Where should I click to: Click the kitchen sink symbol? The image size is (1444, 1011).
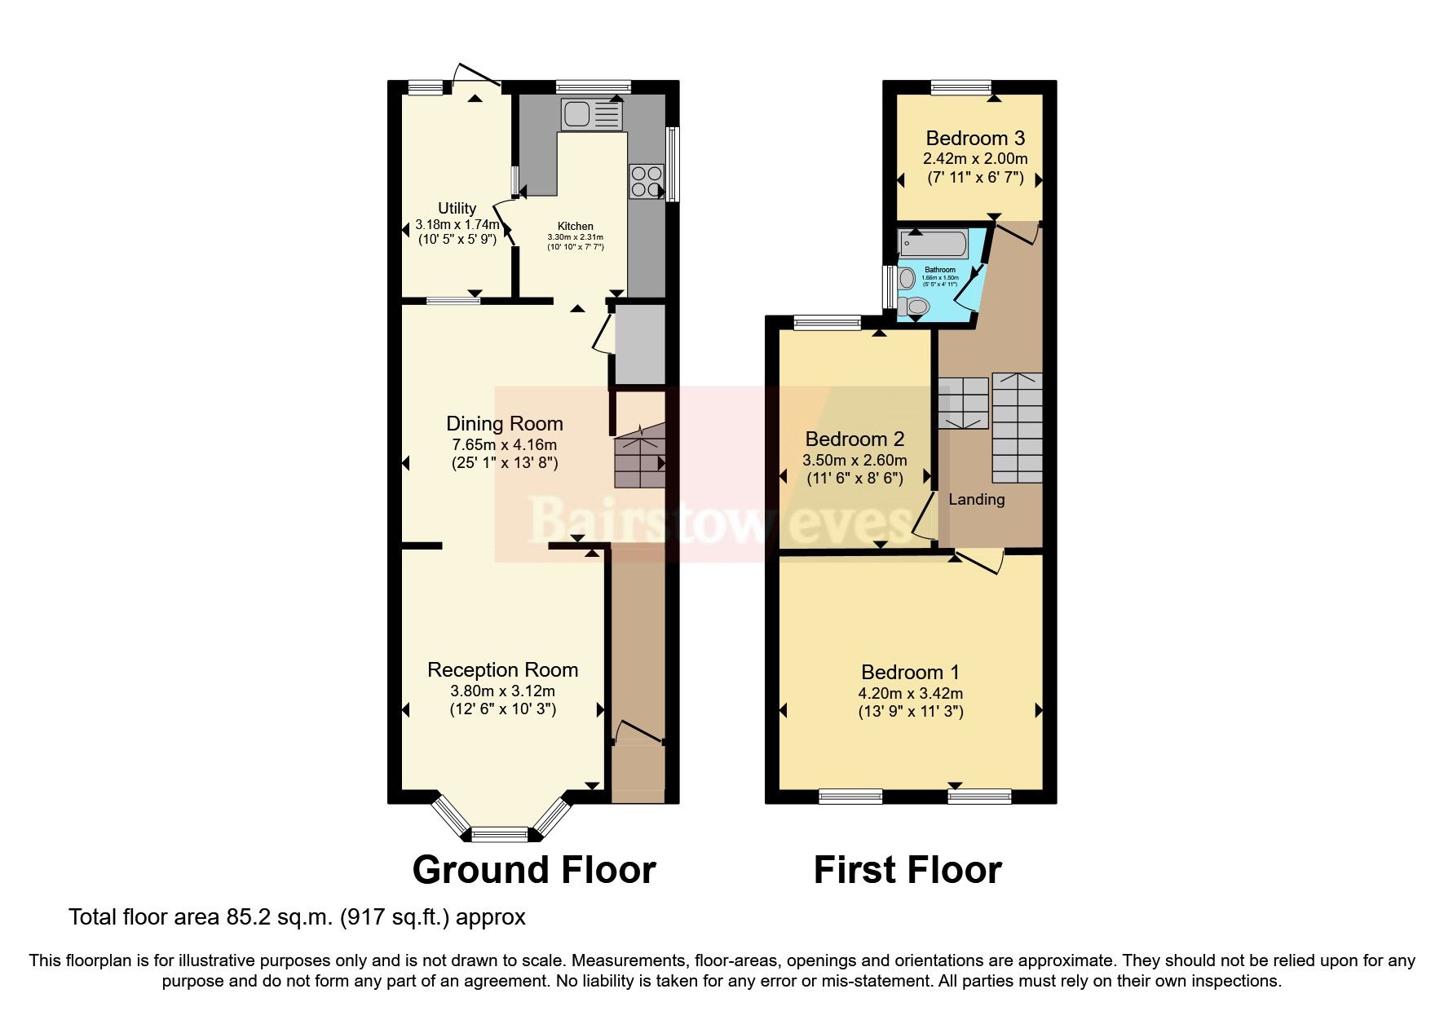pos(590,115)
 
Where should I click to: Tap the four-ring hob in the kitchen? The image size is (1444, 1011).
pos(647,181)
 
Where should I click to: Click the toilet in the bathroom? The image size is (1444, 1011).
pos(913,307)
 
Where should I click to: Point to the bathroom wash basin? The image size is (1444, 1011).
pos(907,279)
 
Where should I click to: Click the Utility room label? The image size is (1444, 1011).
pos(457,208)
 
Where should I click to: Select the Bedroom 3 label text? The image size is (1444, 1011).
pos(975,138)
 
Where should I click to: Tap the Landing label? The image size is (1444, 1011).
pos(976,499)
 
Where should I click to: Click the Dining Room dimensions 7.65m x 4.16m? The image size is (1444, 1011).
pos(504,444)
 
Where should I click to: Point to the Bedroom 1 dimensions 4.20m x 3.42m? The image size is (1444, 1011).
pos(910,693)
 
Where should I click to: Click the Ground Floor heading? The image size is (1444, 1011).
pos(534,870)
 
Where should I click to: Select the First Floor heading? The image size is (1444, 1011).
pos(907,870)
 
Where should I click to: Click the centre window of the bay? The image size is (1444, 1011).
pos(500,833)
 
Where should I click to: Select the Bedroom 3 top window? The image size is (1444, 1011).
pos(961,87)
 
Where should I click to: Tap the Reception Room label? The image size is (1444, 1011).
pos(502,669)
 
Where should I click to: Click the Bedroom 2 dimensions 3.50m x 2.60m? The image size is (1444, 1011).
pos(854,460)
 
